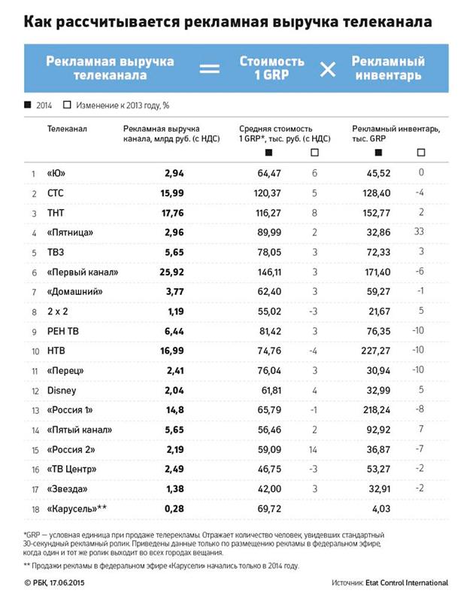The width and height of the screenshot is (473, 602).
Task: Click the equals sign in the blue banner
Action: click(209, 69)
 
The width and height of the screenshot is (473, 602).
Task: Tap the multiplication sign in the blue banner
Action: click(328, 69)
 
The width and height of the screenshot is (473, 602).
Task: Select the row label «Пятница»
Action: click(71, 232)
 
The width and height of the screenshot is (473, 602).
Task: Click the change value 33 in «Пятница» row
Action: click(420, 232)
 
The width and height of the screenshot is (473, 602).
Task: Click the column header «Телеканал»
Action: click(67, 129)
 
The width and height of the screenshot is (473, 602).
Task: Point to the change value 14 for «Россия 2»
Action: click(314, 448)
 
